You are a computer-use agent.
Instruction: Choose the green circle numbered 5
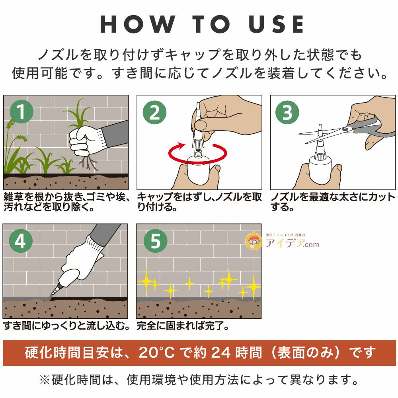click(155, 242)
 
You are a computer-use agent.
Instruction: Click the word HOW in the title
click(137, 25)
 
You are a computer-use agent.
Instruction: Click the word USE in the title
click(277, 25)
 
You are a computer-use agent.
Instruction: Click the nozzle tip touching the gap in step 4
click(51, 295)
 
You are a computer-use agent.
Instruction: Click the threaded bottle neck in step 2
click(198, 152)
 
